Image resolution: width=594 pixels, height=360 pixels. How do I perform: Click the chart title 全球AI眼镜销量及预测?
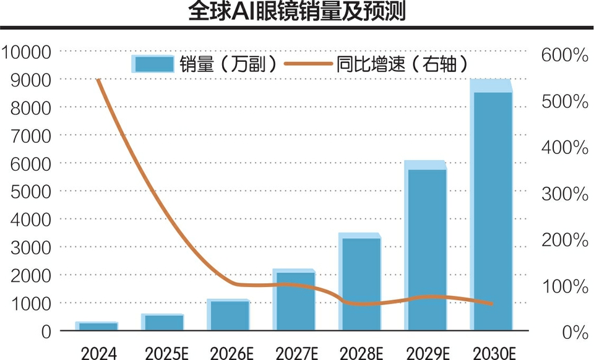coord(296,12)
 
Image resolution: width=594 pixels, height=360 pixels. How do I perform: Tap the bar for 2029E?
coord(426,247)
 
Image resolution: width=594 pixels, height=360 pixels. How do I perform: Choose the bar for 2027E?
coord(294,301)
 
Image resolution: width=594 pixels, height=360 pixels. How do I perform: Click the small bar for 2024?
coord(98,327)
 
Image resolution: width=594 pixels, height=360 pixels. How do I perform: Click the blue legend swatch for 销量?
coord(152,64)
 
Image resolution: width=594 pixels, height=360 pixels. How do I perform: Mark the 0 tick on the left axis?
coord(46,332)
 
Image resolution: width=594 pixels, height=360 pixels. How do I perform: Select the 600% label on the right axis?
coord(564,55)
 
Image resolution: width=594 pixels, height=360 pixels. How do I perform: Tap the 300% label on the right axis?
coord(564,194)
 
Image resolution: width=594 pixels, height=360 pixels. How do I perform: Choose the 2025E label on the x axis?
coord(163,353)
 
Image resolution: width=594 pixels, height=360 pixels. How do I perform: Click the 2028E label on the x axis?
coord(359,353)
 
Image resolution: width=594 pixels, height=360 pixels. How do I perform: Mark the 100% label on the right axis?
coord(564,286)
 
